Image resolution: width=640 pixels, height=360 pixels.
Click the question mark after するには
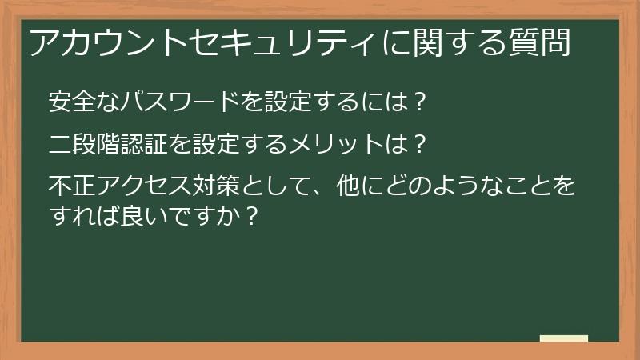(x=419, y=102)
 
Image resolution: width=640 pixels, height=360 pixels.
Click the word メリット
(x=348, y=146)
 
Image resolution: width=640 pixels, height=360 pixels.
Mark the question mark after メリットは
(x=419, y=146)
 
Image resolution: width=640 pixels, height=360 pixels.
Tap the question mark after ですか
(x=250, y=218)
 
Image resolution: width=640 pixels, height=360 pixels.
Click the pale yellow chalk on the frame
(x=564, y=338)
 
